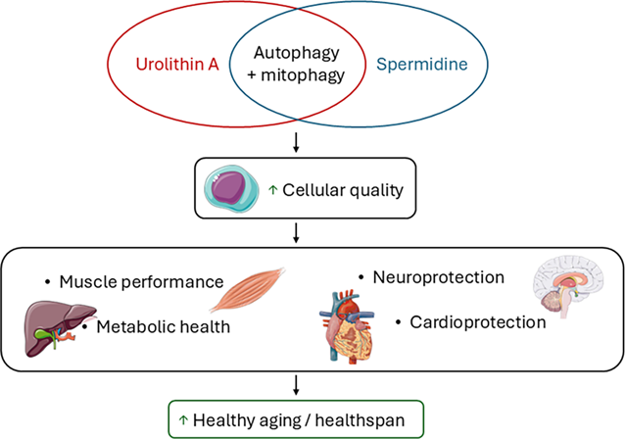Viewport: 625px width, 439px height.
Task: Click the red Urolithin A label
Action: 177,65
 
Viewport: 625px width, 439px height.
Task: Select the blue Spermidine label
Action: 422,65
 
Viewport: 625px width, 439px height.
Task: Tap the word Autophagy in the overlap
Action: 297,54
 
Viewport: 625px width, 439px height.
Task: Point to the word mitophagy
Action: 303,75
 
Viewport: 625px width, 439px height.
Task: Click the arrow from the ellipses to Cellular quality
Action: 296,142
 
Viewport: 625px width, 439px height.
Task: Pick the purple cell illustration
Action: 230,188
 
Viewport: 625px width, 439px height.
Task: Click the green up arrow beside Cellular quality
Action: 272,190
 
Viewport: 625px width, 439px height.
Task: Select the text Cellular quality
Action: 343,190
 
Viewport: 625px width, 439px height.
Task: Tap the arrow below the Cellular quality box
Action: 296,233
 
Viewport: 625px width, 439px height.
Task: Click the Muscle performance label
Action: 141,282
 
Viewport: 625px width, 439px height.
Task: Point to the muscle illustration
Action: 247,290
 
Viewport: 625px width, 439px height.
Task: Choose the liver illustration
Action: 61,328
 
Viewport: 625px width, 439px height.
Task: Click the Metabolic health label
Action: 164,327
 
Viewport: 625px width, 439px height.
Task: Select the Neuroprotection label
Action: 439,277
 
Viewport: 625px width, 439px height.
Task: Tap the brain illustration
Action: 568,287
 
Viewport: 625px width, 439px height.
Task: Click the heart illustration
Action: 346,327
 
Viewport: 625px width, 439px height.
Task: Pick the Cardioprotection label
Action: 478,322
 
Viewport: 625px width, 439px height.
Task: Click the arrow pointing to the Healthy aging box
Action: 296,385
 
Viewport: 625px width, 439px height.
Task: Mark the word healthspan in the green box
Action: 360,420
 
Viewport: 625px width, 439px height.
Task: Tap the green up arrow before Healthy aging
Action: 183,419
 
